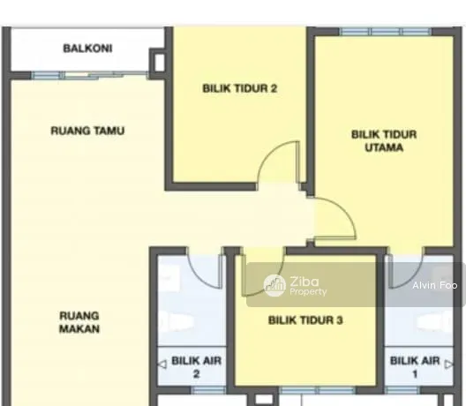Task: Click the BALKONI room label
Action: [87, 49]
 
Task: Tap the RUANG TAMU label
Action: [87, 131]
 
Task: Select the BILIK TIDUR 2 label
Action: [240, 88]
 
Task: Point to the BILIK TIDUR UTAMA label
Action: [384, 141]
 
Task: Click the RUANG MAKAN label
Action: [79, 322]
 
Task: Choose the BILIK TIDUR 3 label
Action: [305, 320]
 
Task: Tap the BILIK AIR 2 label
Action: [197, 367]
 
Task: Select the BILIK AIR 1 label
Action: [415, 367]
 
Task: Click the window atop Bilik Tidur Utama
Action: [386, 32]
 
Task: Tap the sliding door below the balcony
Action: [90, 76]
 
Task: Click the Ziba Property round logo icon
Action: [274, 286]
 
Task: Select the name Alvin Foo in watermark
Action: [435, 285]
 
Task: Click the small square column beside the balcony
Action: [159, 63]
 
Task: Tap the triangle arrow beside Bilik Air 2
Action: [162, 365]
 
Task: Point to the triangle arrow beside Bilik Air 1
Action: [449, 365]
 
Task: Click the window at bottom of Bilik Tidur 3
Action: [318, 389]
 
